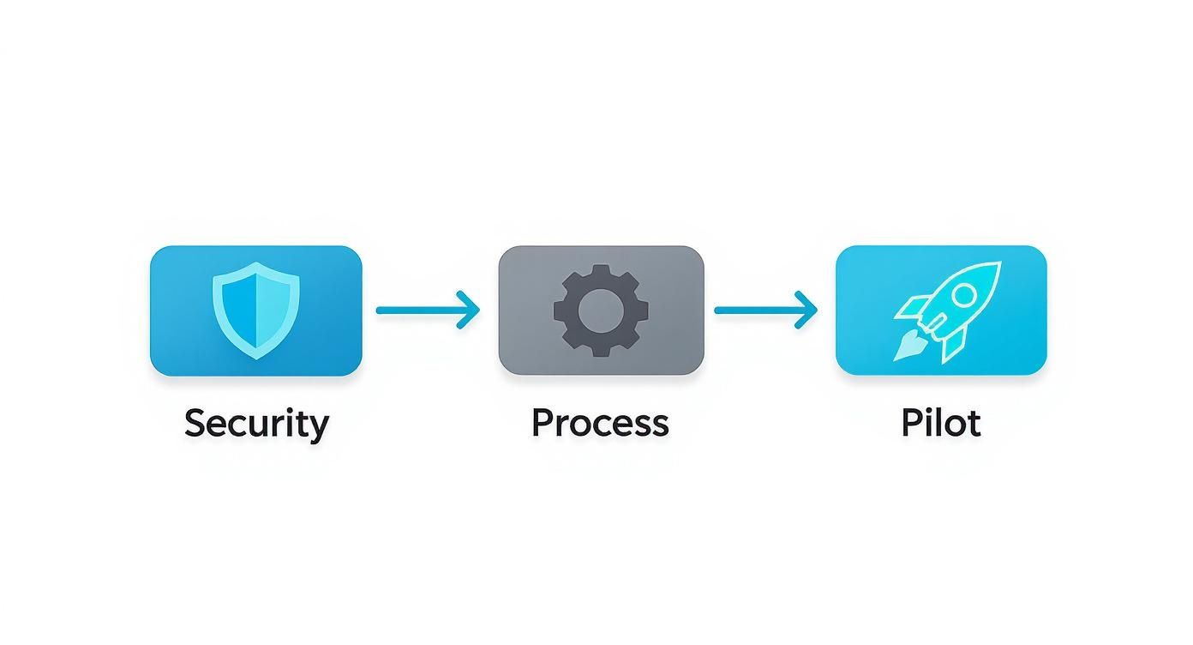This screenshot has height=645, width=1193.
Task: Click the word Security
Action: tap(256, 424)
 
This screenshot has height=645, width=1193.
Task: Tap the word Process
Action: tap(600, 423)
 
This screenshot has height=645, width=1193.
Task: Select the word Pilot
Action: tap(940, 423)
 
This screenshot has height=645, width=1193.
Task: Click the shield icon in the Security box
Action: tap(256, 310)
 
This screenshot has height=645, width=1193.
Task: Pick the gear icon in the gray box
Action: tap(601, 310)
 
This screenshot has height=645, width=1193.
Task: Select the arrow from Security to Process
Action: tap(427, 310)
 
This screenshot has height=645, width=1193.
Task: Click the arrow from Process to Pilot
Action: tap(765, 310)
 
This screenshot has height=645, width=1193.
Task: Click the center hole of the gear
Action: tap(601, 310)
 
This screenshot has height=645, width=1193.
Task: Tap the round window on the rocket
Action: tap(964, 294)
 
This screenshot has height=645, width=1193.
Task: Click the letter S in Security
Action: tap(196, 423)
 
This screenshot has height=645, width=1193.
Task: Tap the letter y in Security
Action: tap(318, 426)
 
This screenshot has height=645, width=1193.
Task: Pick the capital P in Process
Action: tap(542, 422)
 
